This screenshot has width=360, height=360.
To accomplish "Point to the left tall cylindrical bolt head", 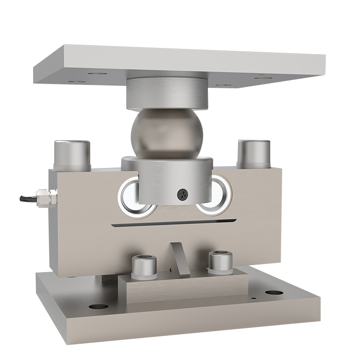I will pyautogui.click(x=72, y=154).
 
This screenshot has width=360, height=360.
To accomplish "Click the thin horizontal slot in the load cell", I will pyautogui.click(x=173, y=223).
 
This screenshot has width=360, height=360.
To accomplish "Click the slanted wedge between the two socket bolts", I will pyautogui.click(x=179, y=259).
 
